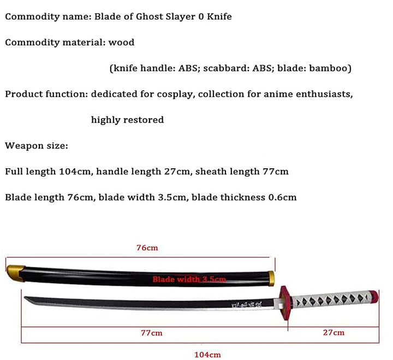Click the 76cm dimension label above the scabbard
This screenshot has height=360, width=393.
tap(147, 248)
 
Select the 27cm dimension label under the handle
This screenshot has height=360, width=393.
tap(333, 333)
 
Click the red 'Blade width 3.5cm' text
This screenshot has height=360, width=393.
tap(189, 279)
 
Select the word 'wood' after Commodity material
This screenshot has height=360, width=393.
tap(122, 42)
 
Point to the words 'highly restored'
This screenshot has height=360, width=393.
tap(127, 120)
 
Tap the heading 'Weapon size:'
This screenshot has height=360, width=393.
tap(37, 145)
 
